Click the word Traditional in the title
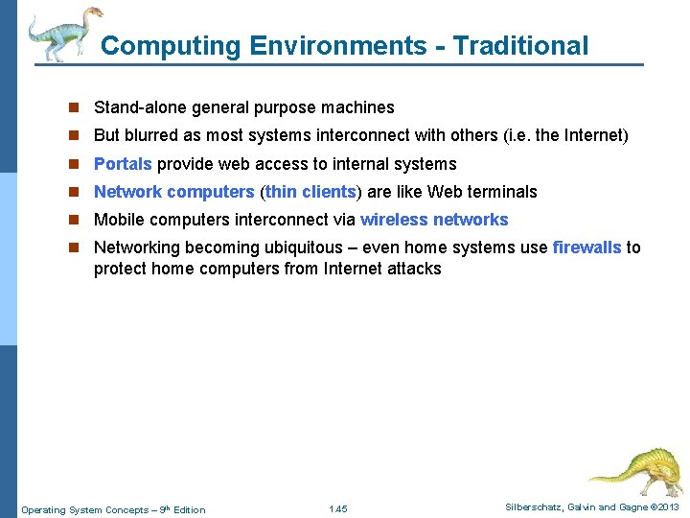point(520,45)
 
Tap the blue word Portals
point(123,164)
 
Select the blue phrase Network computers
point(173,192)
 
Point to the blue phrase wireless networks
point(434,220)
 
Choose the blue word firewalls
point(586,247)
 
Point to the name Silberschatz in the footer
point(538,507)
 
